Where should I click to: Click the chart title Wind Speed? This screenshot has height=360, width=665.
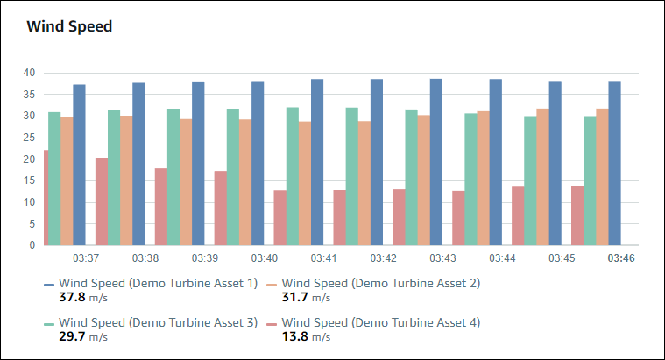click(x=69, y=26)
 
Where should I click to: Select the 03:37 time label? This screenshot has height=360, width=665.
click(x=85, y=259)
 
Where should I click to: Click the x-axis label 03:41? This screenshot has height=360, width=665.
click(x=323, y=259)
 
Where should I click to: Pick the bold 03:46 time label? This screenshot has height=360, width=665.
click(x=620, y=259)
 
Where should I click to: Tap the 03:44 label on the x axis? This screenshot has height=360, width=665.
click(x=501, y=259)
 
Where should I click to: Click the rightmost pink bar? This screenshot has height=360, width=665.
click(x=577, y=215)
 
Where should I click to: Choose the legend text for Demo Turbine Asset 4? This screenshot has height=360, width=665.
click(x=381, y=322)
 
